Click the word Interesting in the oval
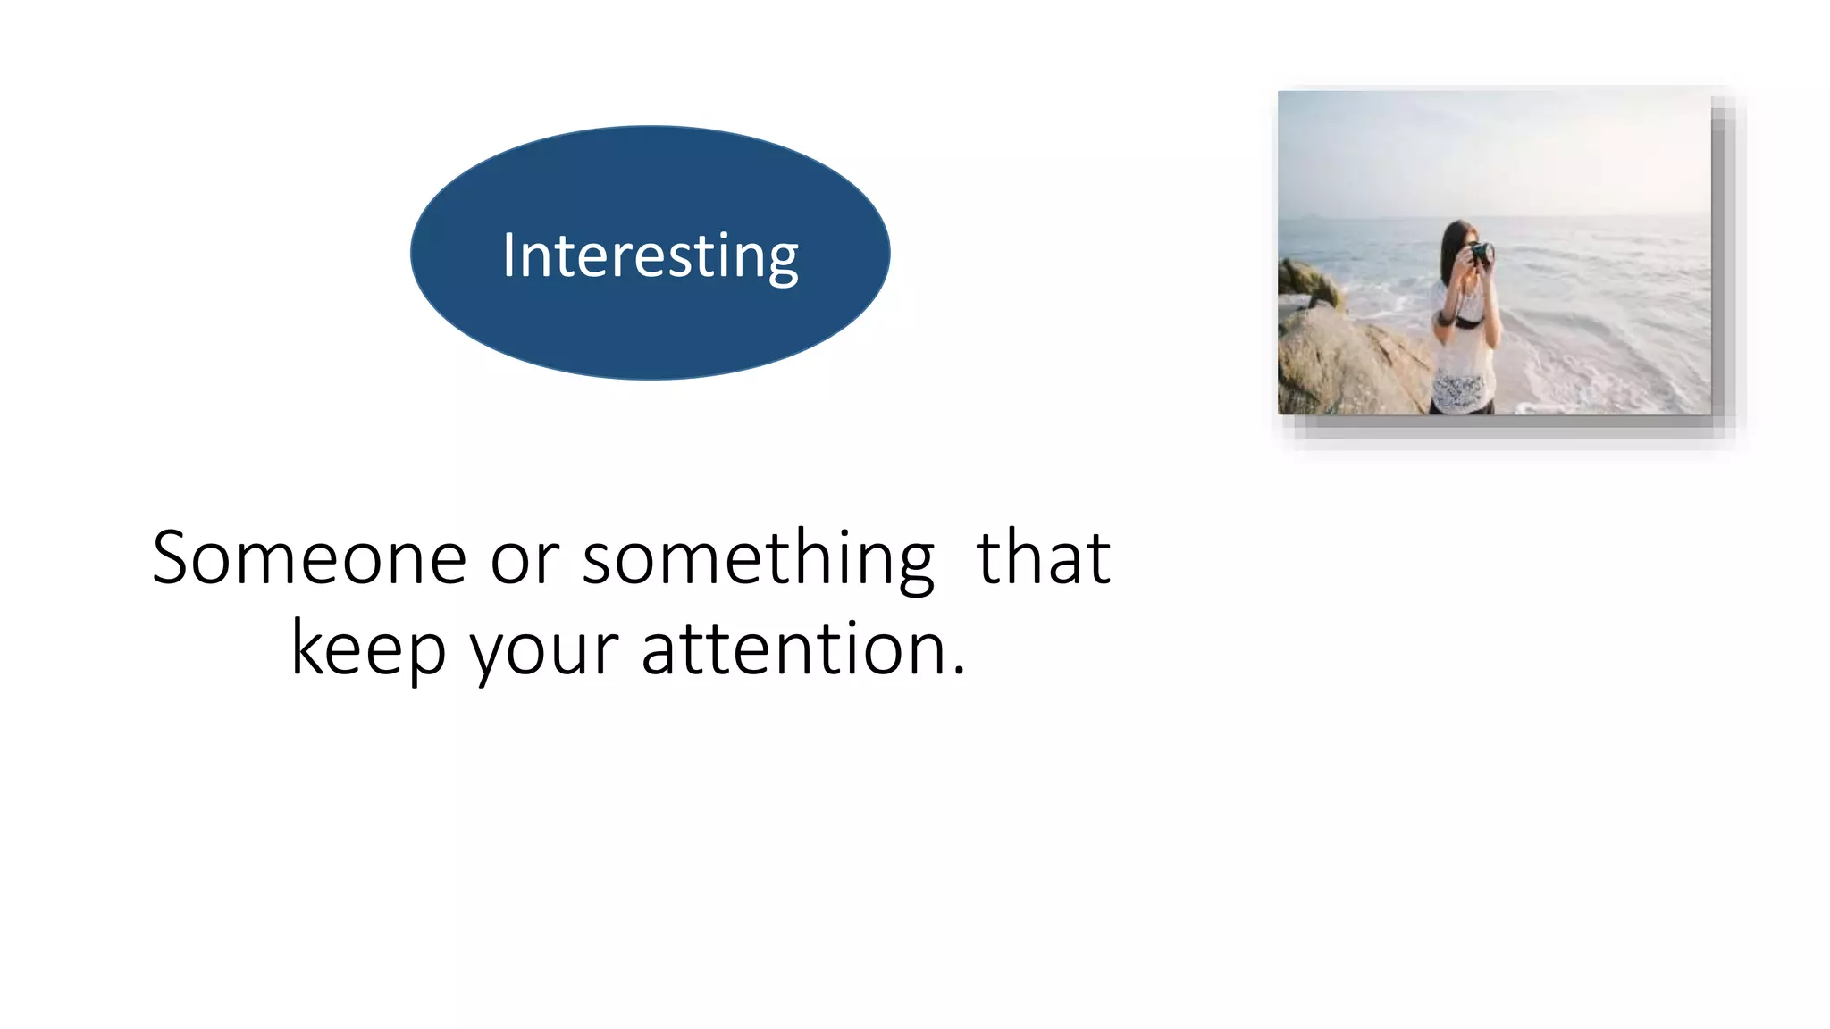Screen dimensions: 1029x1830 (650, 256)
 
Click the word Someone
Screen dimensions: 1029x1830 (309, 558)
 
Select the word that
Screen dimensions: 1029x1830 (1044, 558)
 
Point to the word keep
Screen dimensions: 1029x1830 (368, 650)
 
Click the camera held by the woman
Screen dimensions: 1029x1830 (1481, 254)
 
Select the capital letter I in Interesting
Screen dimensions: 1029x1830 (508, 256)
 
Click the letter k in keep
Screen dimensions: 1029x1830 (306, 647)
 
